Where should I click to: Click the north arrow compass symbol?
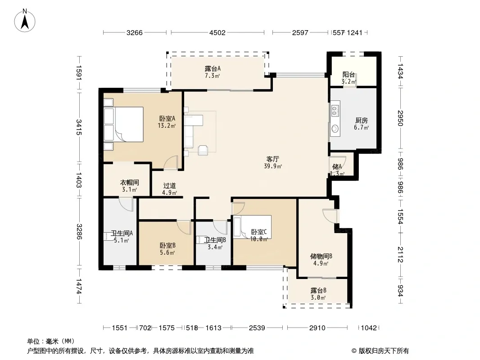pyautogui.click(x=25, y=21)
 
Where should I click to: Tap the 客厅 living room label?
pyautogui.click(x=272, y=159)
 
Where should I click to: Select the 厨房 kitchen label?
pyautogui.click(x=361, y=121)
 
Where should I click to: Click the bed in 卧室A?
pyautogui.click(x=124, y=124)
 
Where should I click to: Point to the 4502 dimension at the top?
pyautogui.click(x=217, y=33)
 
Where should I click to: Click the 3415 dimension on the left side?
pyautogui.click(x=79, y=127)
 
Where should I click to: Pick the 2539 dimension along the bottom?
pyautogui.click(x=257, y=328)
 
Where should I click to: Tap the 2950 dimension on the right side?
pyautogui.click(x=400, y=118)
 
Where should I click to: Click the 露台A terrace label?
pyautogui.click(x=213, y=68)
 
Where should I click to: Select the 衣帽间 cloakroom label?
pyautogui.click(x=130, y=183)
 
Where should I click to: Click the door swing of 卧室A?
pyautogui.click(x=171, y=162)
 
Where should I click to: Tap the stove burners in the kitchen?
pyautogui.click(x=335, y=111)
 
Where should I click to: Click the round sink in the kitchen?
pyautogui.click(x=335, y=129)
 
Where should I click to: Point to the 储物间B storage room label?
pyautogui.click(x=321, y=256)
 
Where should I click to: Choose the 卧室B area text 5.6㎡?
pyautogui.click(x=167, y=252)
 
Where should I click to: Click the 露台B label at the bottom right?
pyautogui.click(x=318, y=290)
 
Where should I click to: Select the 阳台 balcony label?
pyautogui.click(x=349, y=75)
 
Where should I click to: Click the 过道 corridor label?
pyautogui.click(x=170, y=186)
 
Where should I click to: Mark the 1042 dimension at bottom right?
pyautogui.click(x=369, y=328)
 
